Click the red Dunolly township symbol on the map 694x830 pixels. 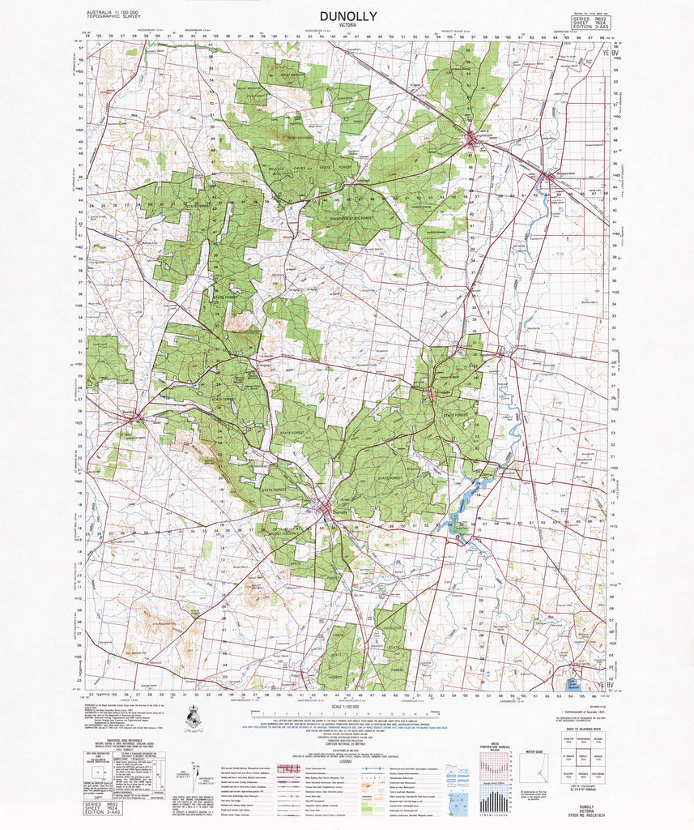[326, 511]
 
